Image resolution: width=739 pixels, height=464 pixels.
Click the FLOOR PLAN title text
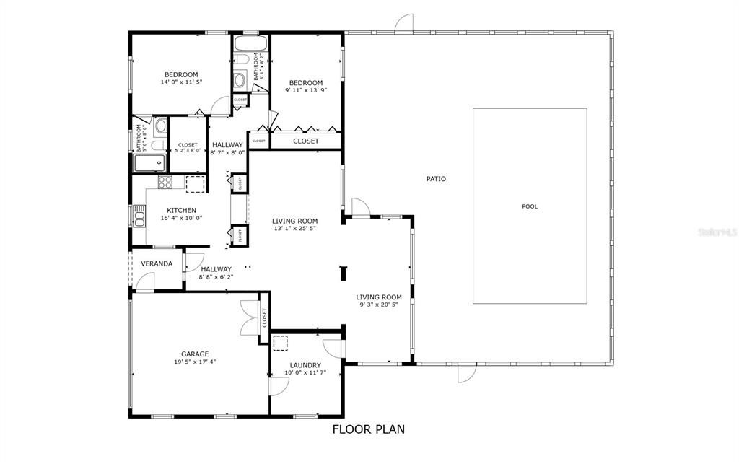pos(368,429)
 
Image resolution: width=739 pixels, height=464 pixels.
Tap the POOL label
pos(530,206)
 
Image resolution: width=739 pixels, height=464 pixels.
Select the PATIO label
pos(435,178)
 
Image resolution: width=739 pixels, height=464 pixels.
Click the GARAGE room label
pos(195,354)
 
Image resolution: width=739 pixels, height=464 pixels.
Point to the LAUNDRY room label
pos(305,365)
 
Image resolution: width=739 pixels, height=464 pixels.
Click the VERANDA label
pos(157,263)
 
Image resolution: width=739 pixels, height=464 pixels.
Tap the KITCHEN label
pos(180,210)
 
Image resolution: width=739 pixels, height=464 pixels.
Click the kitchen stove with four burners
pos(165,183)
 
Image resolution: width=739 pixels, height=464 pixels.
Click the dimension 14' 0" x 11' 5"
pos(181,82)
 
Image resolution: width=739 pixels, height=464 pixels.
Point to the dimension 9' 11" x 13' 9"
pos(305,90)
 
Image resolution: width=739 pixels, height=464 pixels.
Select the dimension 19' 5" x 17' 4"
pos(195,362)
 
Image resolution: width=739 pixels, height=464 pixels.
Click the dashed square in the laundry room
pos(279,343)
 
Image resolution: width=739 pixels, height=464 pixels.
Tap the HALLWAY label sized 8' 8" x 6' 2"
pos(217,269)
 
